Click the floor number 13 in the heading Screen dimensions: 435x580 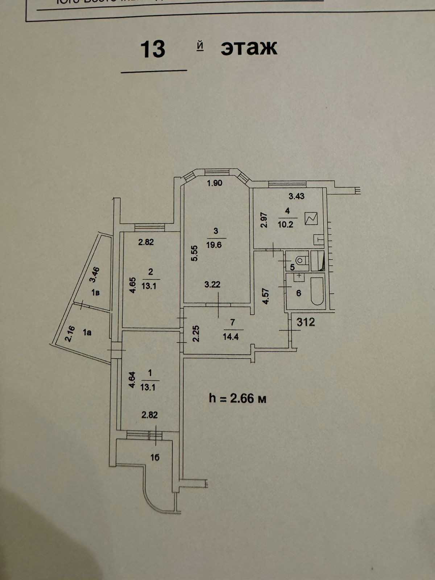click(153, 49)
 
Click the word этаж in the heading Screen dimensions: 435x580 click(249, 48)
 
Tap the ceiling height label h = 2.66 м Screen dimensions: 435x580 click(237, 398)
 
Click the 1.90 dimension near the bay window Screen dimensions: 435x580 click(214, 183)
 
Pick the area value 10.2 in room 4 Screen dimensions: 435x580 click(285, 224)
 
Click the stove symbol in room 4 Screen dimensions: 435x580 click(311, 219)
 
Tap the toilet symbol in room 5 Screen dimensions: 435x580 click(301, 260)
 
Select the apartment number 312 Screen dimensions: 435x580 click(306, 322)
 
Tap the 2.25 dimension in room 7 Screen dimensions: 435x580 click(196, 334)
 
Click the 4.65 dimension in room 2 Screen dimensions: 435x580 click(133, 285)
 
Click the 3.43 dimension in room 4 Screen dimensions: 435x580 click(296, 197)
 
